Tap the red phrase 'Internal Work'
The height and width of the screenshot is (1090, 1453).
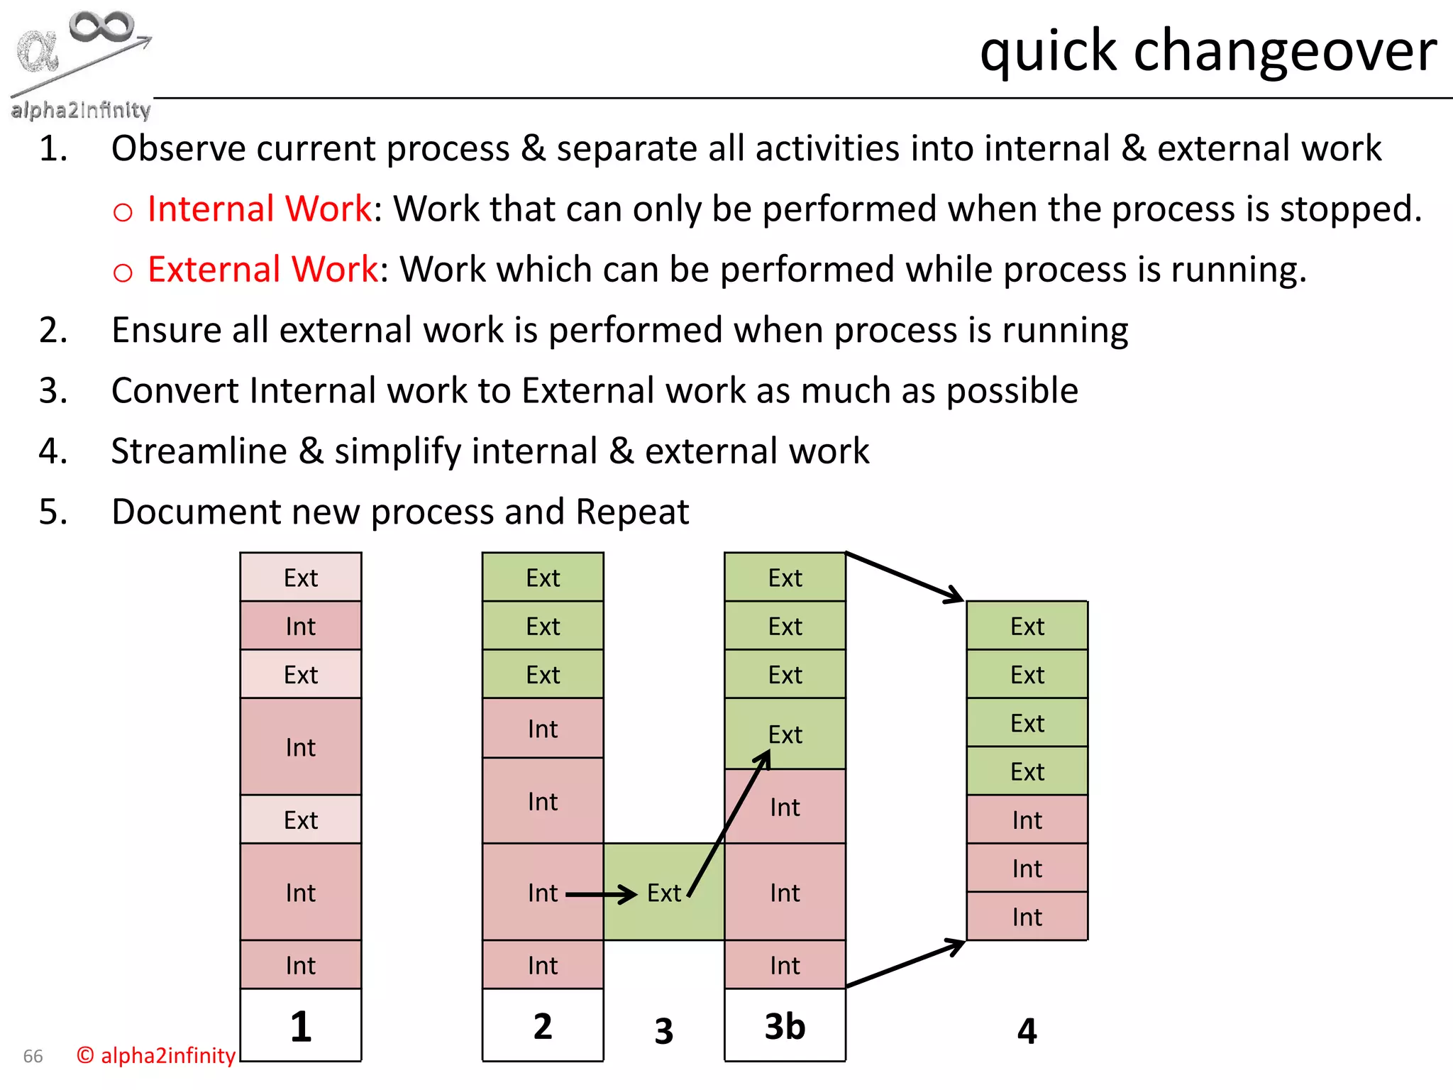[x=259, y=209]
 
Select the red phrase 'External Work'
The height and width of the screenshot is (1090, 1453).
[x=263, y=270]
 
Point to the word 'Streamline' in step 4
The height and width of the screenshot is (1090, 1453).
[x=199, y=451]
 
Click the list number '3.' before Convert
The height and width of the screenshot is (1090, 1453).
[x=53, y=391]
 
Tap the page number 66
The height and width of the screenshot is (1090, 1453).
[x=33, y=1056]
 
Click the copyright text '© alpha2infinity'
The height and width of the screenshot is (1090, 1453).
[x=155, y=1055]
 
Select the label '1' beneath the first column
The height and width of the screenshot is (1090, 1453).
[x=301, y=1026]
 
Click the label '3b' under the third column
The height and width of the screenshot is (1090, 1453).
[x=785, y=1026]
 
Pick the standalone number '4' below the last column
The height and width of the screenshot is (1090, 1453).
[x=1027, y=1030]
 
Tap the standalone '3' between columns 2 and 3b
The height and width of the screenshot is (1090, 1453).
[x=663, y=1030]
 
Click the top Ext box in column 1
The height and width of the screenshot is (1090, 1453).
[x=301, y=578]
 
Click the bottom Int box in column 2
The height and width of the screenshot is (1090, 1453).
[x=543, y=965]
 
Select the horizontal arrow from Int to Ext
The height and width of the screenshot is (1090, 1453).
[x=601, y=894]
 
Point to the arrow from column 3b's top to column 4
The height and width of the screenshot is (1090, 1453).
[x=905, y=577]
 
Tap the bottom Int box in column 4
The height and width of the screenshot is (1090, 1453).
[x=1027, y=917]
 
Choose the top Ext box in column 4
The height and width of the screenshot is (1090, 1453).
[x=1027, y=626]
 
